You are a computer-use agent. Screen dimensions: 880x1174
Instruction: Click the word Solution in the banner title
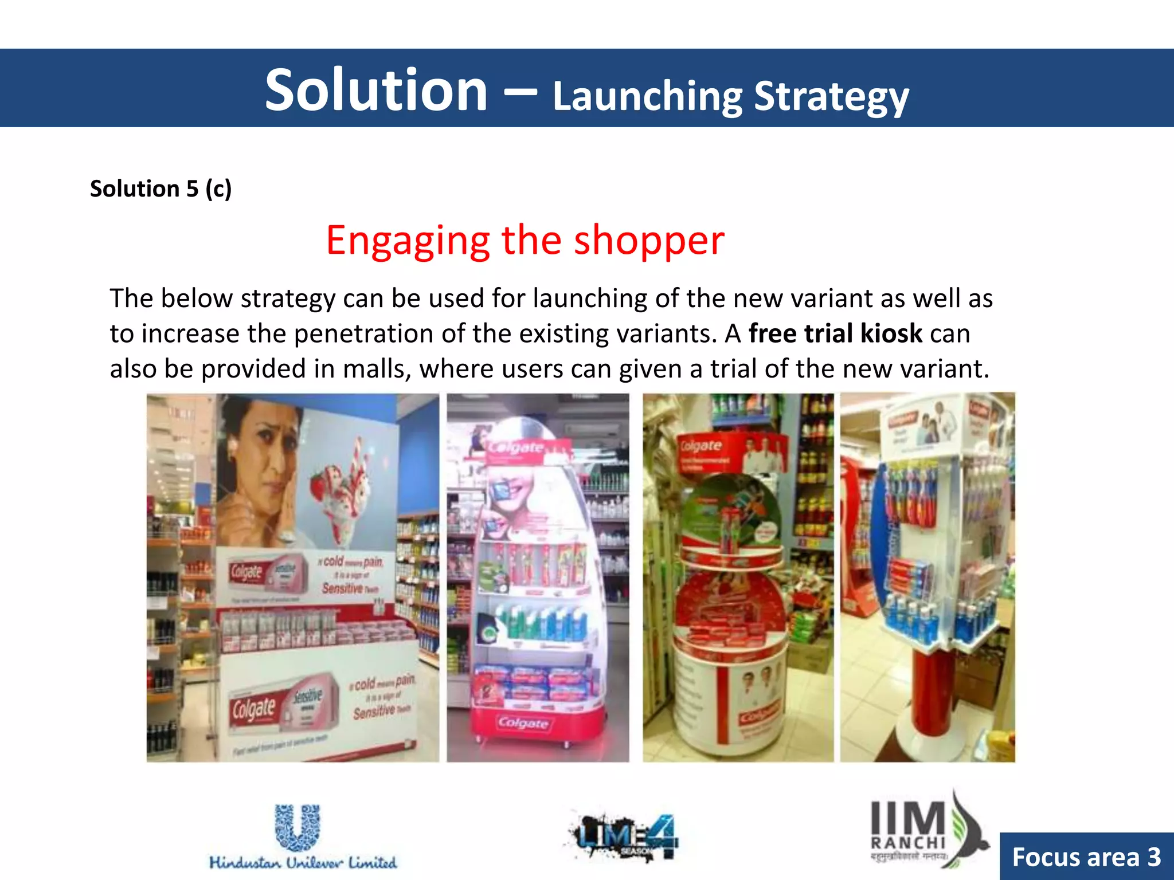pos(376,91)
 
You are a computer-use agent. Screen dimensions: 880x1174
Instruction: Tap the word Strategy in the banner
pos(831,97)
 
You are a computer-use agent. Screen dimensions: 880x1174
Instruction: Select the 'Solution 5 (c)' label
pos(161,189)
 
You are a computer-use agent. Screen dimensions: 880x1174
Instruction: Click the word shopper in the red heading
pos(649,241)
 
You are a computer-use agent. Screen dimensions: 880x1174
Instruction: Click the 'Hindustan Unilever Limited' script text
pos(303,863)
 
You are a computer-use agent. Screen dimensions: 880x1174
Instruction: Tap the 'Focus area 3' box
pos(1086,857)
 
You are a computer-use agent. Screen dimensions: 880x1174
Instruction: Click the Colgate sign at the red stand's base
pos(523,724)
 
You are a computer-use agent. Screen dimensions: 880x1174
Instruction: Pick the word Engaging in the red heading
pos(408,241)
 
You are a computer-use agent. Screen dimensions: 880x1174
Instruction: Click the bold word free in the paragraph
pos(773,333)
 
